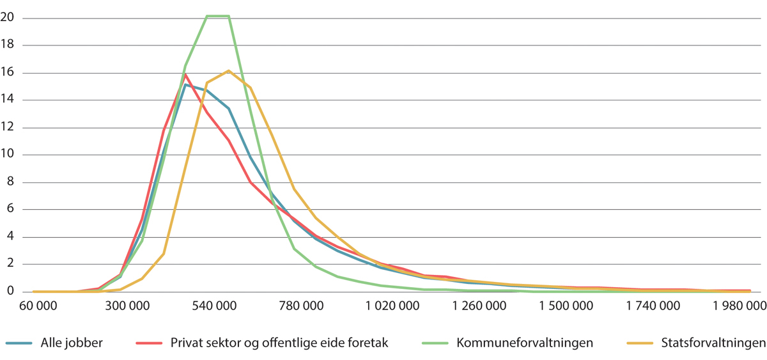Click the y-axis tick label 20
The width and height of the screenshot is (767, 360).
point(7,18)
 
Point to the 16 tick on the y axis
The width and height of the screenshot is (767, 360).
point(7,73)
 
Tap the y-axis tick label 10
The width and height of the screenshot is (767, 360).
point(7,155)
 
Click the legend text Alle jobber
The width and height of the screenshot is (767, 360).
point(72,343)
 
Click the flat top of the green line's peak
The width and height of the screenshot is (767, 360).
point(217,16)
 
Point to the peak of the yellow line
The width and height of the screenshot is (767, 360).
point(229,71)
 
